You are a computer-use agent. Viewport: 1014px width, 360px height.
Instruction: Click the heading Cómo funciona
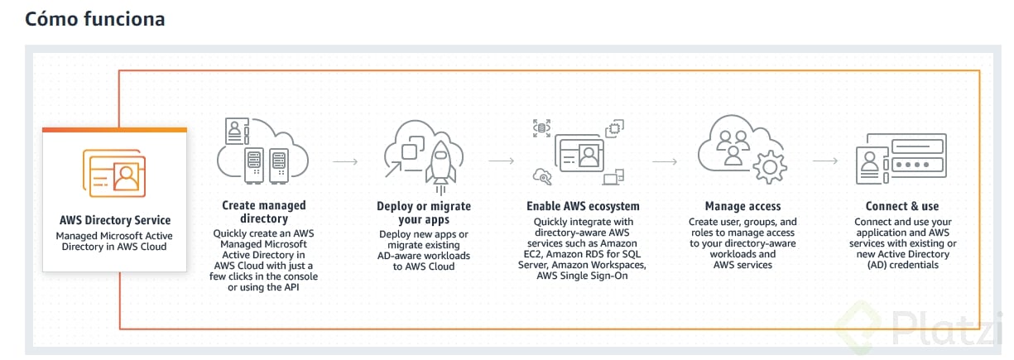pos(94,19)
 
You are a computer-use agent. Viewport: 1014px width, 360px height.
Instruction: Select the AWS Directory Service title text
pos(115,220)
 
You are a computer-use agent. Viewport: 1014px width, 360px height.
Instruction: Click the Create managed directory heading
pos(263,212)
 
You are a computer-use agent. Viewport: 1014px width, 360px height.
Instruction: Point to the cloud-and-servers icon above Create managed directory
pos(262,153)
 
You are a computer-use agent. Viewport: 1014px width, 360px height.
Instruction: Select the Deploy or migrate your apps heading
pos(424,213)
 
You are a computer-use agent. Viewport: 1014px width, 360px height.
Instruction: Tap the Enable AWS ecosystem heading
pos(583,206)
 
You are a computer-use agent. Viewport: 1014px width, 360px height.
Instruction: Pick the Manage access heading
pos(742,206)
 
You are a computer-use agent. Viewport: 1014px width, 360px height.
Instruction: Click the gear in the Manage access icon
pos(770,166)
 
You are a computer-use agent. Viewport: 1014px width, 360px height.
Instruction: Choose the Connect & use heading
pos(902,206)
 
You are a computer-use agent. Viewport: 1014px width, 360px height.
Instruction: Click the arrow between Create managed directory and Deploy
pos(345,161)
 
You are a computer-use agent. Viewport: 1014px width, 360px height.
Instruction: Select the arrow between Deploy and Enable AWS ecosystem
pos(502,161)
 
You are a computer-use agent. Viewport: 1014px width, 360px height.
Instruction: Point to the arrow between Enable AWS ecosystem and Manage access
pos(666,161)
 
